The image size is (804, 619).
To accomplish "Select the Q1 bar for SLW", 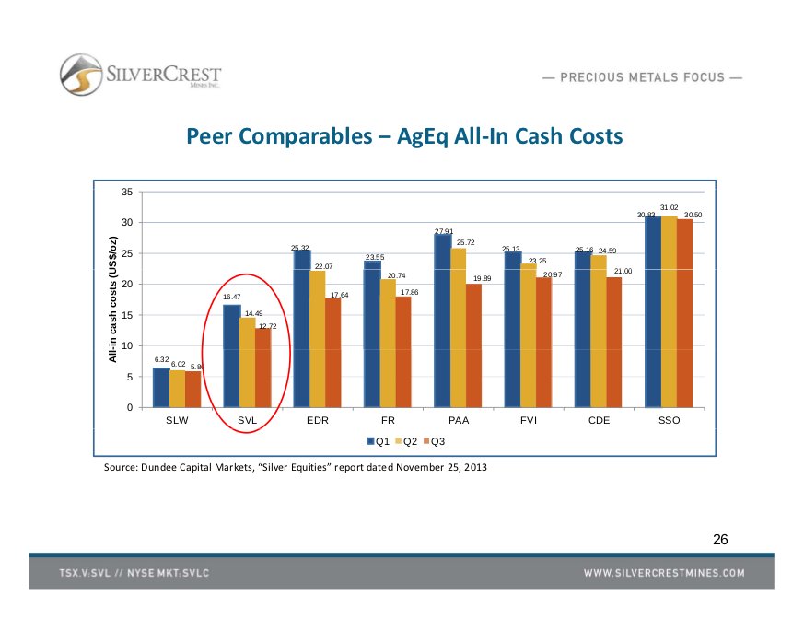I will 161,388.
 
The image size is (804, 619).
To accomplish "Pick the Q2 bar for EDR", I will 318,339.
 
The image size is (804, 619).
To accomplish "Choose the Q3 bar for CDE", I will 614,343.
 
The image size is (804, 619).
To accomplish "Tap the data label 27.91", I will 444,230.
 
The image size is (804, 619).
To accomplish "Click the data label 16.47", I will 231,297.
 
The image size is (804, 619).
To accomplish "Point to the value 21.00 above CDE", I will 623,269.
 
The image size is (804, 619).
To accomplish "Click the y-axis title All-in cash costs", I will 113,299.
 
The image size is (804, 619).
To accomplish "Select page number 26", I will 720,539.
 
